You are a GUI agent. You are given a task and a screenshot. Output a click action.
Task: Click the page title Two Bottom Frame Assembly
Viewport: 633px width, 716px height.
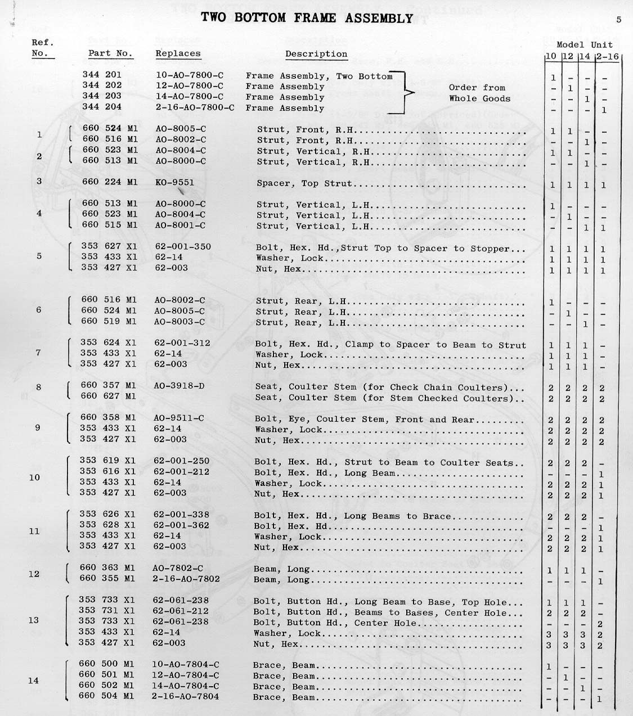click(307, 18)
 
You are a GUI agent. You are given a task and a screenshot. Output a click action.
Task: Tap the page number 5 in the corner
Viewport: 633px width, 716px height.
click(618, 20)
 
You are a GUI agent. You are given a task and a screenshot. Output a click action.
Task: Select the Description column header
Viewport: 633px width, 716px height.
click(316, 54)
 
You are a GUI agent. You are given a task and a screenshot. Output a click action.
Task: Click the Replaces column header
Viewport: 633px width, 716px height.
click(178, 53)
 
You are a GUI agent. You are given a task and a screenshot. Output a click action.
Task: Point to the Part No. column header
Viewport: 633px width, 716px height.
click(110, 53)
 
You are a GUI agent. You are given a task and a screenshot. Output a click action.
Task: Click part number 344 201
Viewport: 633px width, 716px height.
click(102, 75)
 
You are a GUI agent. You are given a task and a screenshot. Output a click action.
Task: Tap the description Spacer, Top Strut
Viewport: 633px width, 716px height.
click(304, 183)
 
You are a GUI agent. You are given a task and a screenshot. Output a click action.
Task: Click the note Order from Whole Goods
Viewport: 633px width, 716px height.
click(479, 93)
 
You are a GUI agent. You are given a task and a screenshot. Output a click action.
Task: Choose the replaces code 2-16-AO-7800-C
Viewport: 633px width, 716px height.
click(195, 107)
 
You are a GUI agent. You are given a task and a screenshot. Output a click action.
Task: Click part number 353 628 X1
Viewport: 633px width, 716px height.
click(107, 525)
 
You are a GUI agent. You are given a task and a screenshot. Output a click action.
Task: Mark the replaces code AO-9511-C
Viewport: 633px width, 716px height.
click(179, 418)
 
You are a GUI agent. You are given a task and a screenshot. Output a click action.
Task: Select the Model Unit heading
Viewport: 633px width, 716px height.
click(585, 44)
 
